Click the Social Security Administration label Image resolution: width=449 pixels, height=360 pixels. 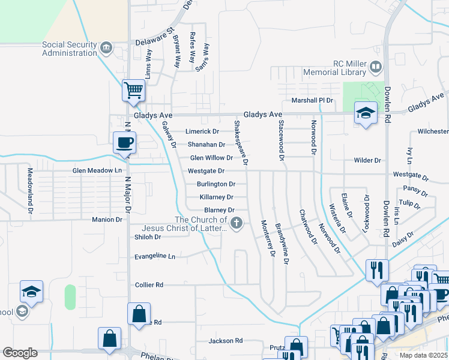pyautogui.click(x=69, y=49)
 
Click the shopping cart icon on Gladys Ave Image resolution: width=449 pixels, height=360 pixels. pyautogui.click(x=133, y=91)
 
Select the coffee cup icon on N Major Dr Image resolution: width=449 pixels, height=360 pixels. pyautogui.click(x=125, y=143)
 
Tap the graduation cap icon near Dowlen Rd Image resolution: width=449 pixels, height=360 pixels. pyautogui.click(x=366, y=112)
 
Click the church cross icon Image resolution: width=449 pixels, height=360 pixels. pyautogui.click(x=237, y=224)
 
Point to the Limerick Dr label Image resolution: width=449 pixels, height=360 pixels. pyautogui.click(x=202, y=131)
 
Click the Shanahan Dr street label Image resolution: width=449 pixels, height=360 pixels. pyautogui.click(x=206, y=145)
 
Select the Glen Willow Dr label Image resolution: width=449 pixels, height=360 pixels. pyautogui.click(x=211, y=158)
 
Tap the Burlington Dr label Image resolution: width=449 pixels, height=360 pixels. pyautogui.click(x=215, y=184)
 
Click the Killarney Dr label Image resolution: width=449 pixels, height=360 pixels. pyautogui.click(x=216, y=197)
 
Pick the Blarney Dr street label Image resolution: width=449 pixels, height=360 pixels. pyautogui.click(x=219, y=210)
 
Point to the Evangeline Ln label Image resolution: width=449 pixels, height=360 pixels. pyautogui.click(x=155, y=256)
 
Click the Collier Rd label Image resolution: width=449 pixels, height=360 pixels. pyautogui.click(x=149, y=284)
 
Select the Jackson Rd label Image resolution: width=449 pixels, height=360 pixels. pyautogui.click(x=225, y=341)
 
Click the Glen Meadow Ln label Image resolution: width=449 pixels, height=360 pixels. pyautogui.click(x=97, y=170)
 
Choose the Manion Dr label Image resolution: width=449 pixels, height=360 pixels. pyautogui.click(x=107, y=220)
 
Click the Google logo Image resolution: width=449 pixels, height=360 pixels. pyautogui.click(x=20, y=353)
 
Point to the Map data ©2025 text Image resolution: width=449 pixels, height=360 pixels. pyautogui.click(x=423, y=355)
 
